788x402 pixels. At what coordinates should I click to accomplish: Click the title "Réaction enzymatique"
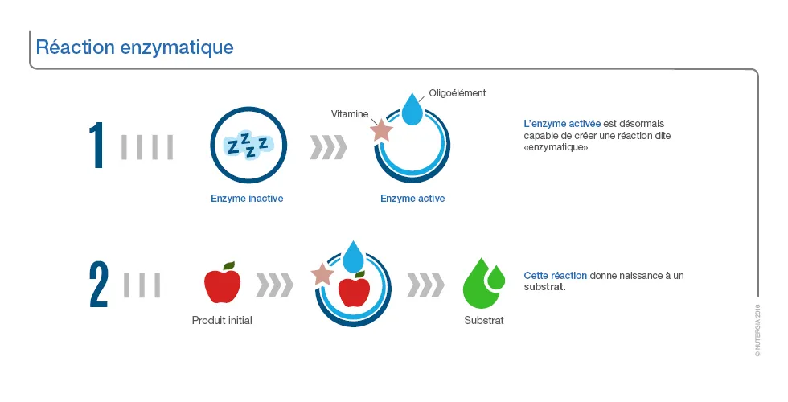135,47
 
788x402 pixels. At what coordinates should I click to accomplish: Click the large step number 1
96,146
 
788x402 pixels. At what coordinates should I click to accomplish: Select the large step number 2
98,285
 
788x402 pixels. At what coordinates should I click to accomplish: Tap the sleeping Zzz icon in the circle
248,145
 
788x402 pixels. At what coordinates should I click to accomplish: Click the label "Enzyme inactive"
247,199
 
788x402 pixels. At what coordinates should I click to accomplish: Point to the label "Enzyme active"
412,199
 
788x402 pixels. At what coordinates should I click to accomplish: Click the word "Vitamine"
350,114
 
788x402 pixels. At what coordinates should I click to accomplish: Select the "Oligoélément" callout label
458,93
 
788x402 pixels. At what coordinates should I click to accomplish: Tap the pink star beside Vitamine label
381,130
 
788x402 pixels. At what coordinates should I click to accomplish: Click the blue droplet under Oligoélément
412,109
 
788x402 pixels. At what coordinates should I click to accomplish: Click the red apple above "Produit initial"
223,282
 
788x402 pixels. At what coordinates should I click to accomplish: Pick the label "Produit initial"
222,320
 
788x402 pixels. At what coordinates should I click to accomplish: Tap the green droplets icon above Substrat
484,283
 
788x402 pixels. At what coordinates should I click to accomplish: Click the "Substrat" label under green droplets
484,320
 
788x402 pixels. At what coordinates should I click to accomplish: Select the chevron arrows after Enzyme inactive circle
329,147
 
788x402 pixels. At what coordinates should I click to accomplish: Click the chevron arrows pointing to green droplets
425,285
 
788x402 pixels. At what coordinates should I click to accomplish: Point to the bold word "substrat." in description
545,288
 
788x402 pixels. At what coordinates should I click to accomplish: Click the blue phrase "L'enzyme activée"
562,124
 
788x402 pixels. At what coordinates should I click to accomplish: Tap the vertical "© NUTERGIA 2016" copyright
757,330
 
